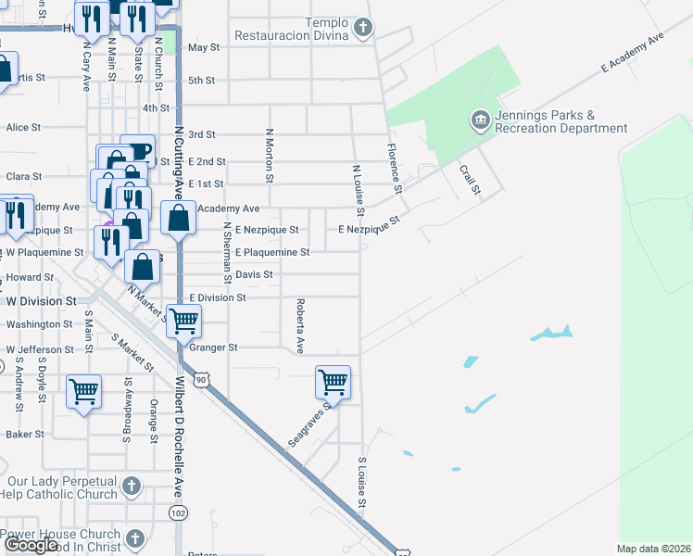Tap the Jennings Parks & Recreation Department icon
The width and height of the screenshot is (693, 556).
[480, 119]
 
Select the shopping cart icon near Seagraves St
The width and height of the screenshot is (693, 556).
[333, 381]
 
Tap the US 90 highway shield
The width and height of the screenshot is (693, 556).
[201, 379]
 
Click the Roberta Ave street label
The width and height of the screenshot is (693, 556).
[300, 325]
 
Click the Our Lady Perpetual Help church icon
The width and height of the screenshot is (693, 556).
[132, 486]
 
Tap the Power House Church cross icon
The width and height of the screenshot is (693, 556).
[135, 537]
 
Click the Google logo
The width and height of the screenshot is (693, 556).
[31, 545]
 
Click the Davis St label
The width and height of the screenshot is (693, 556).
[254, 274]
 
